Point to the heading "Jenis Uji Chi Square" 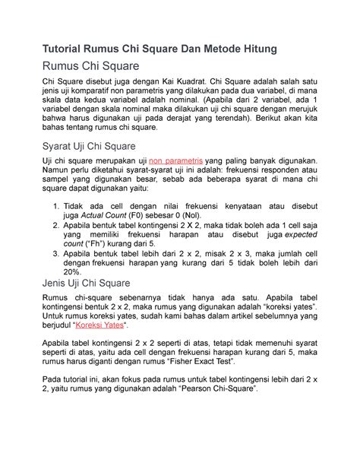click(87, 284)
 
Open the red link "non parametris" click(176, 162)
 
